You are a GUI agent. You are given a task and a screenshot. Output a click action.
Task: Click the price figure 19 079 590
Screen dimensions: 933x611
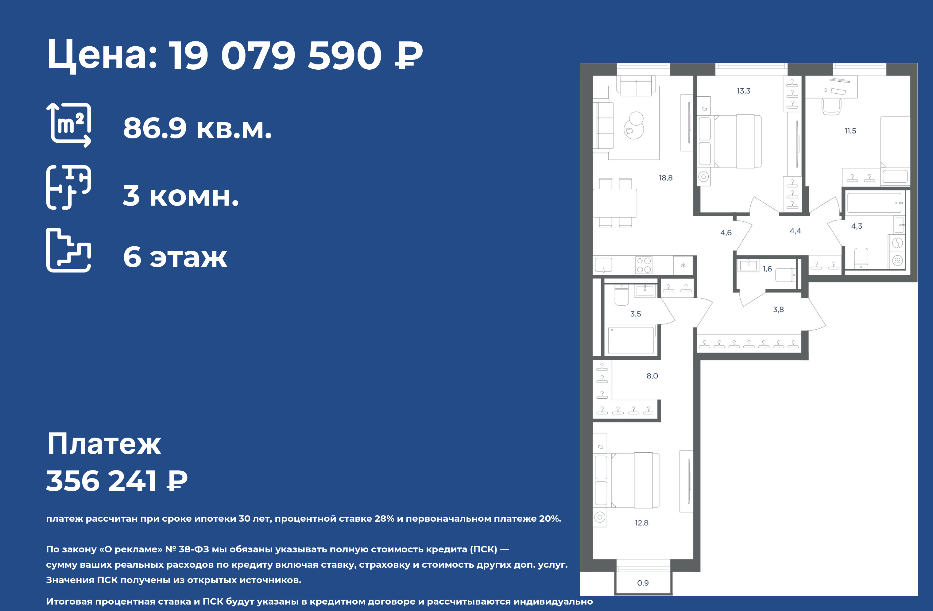[x=276, y=55]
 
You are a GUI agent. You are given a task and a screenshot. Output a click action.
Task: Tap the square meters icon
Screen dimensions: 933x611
[x=69, y=125]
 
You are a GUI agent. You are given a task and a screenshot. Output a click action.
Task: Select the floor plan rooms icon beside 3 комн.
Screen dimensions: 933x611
[x=69, y=187]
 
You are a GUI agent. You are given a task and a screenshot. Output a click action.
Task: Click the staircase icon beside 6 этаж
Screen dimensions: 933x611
[x=69, y=250]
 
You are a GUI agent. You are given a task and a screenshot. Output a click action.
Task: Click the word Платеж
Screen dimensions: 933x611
[x=104, y=444]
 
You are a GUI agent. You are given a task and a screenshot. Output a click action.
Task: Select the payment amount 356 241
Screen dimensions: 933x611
[x=102, y=481]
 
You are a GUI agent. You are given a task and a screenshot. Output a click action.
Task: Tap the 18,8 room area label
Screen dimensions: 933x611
[x=665, y=178]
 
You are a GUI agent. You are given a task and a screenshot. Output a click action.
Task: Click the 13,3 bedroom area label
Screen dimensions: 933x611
[x=743, y=91]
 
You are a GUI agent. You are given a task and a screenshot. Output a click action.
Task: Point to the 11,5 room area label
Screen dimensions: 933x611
[x=850, y=131]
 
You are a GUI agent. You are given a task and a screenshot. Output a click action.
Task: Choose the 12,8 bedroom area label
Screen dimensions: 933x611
[x=641, y=523]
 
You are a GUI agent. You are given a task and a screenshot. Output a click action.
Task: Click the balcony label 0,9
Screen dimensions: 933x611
[x=643, y=583]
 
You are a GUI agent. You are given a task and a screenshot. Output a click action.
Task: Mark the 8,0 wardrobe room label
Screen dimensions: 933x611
[x=652, y=376]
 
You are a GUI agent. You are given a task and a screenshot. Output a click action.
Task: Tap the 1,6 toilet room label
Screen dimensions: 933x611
[x=767, y=269]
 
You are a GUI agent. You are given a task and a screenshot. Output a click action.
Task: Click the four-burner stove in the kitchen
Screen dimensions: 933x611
[x=644, y=265]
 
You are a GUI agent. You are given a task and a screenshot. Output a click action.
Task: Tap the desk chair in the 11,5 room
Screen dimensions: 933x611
[x=831, y=106]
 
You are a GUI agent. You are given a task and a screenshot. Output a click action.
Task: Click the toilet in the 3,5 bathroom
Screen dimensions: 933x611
[x=621, y=295]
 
